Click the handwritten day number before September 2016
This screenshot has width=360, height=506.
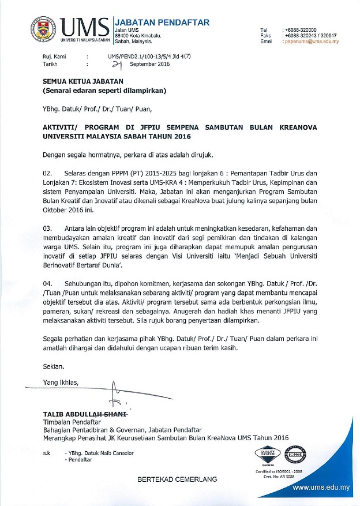(x=122, y=65)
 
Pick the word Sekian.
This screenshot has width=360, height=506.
(x=54, y=366)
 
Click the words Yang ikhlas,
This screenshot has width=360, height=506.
(x=61, y=382)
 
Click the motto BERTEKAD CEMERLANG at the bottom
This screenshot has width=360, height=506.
(x=177, y=479)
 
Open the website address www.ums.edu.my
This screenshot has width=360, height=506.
(x=322, y=488)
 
